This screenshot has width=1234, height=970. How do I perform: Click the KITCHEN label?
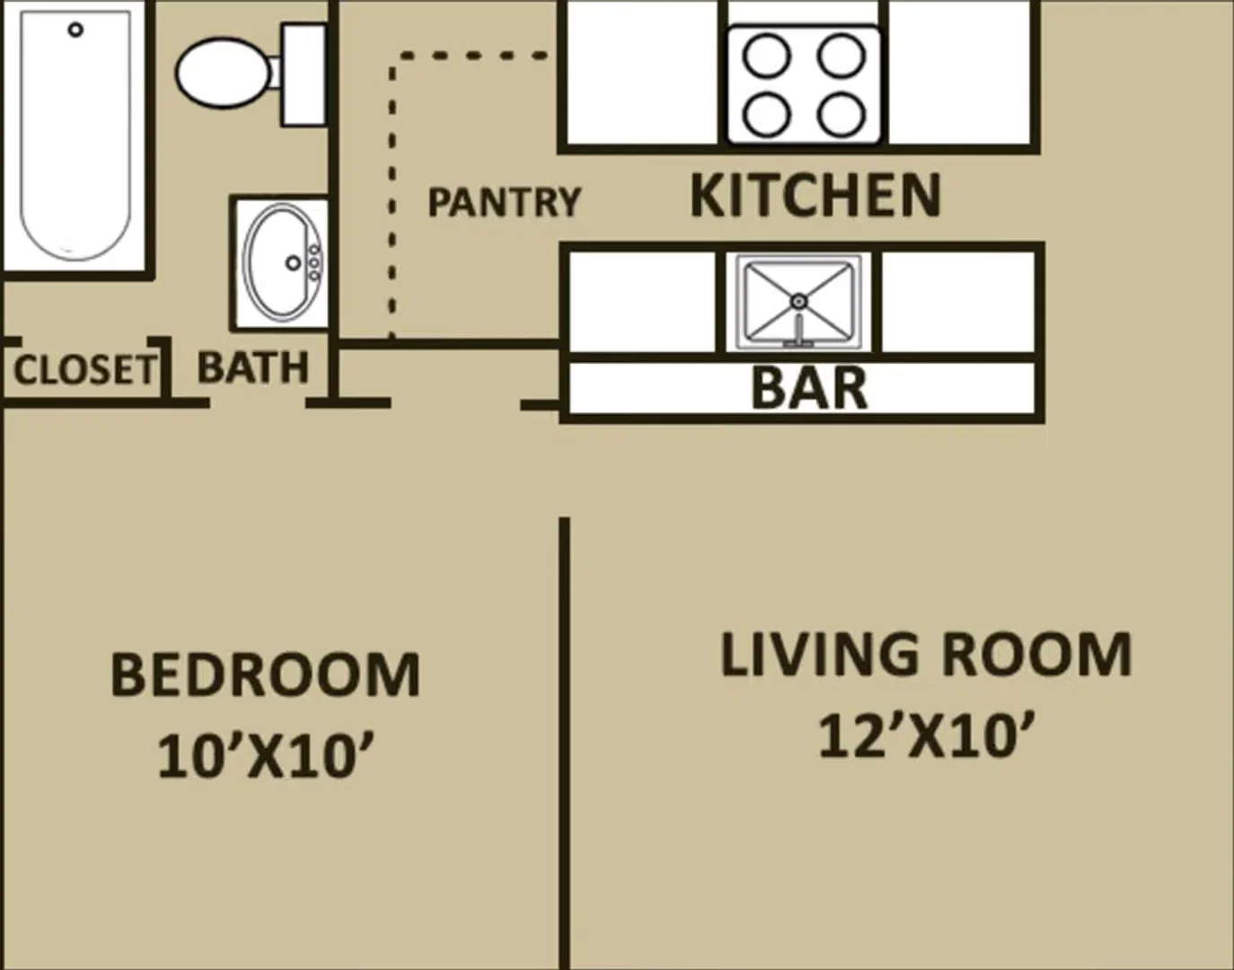pyautogui.click(x=815, y=196)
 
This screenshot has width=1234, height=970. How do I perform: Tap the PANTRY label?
pyautogui.click(x=504, y=202)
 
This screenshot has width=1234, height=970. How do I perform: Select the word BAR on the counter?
pyautogui.click(x=809, y=388)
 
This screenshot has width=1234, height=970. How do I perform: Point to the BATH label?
pyautogui.click(x=252, y=367)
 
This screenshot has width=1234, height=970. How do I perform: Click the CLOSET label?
pyautogui.click(x=84, y=370)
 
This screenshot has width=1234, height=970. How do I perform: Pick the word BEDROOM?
pyautogui.click(x=265, y=675)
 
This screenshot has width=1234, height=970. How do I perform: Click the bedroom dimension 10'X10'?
pyautogui.click(x=265, y=756)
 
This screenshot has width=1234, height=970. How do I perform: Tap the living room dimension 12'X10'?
pyautogui.click(x=925, y=735)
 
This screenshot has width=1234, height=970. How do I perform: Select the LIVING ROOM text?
pyautogui.click(x=926, y=655)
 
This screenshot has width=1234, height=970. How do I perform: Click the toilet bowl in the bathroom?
pyautogui.click(x=223, y=73)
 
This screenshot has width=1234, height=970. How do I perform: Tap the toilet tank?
pyautogui.click(x=304, y=75)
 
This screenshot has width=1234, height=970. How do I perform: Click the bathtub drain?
pyautogui.click(x=75, y=30)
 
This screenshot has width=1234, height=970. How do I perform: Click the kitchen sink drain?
pyautogui.click(x=799, y=301)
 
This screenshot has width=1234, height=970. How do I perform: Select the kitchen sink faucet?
pyautogui.click(x=799, y=331)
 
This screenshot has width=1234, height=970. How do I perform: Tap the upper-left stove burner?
pyautogui.click(x=767, y=57)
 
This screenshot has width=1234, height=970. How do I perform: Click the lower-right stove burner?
pyautogui.click(x=842, y=114)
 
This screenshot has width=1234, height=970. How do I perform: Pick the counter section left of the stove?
pyautogui.click(x=642, y=72)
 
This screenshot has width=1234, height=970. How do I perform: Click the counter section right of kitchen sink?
pyautogui.click(x=958, y=302)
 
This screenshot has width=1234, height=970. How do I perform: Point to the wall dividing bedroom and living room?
pyautogui.click(x=564, y=744)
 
